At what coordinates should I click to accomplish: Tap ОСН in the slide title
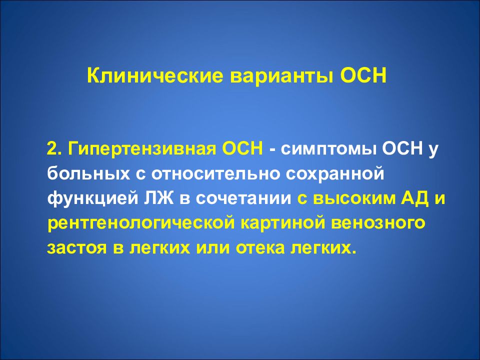[363, 76]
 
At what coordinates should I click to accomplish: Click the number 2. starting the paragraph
[55, 149]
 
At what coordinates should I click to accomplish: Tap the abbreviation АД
[408, 198]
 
